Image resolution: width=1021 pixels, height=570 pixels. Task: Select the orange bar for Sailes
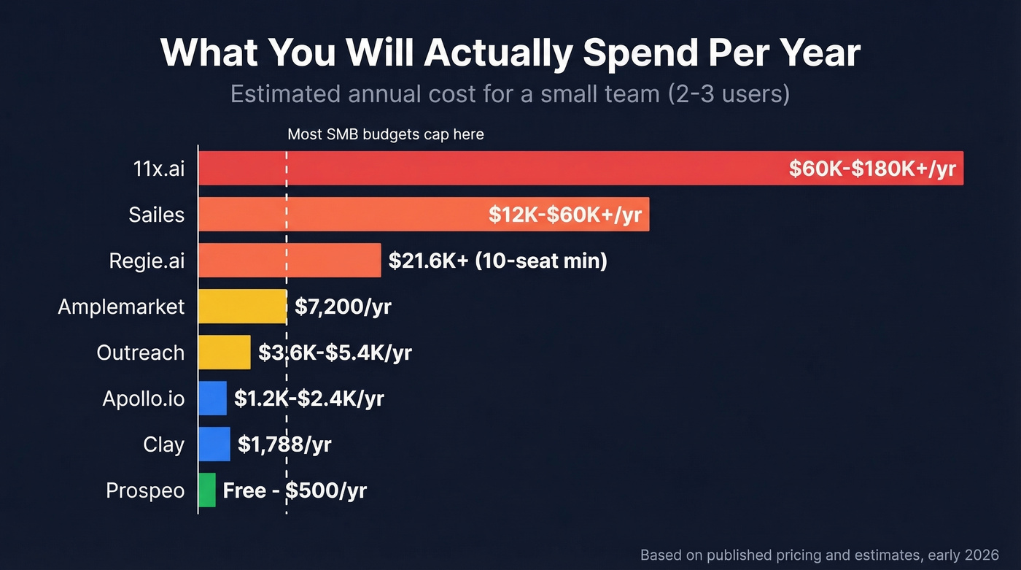343,214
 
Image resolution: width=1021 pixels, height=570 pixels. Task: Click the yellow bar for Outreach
224,353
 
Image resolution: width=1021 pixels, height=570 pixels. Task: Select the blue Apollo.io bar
212,398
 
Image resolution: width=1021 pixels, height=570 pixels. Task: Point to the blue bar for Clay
214,444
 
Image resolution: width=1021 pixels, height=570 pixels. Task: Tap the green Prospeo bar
207,490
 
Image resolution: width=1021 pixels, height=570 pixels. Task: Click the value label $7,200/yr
343,307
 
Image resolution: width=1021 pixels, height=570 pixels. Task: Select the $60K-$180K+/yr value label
871,169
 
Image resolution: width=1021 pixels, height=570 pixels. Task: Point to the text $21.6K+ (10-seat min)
497,261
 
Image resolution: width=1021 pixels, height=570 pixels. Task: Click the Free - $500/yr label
295,490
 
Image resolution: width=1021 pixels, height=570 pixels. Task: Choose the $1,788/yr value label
284,444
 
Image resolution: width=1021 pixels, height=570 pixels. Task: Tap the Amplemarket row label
121,307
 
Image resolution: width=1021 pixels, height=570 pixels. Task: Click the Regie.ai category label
147,261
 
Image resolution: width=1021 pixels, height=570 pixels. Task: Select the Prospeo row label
145,490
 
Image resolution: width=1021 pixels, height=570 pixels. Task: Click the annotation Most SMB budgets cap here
385,134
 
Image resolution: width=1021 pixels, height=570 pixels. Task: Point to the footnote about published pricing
819,555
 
